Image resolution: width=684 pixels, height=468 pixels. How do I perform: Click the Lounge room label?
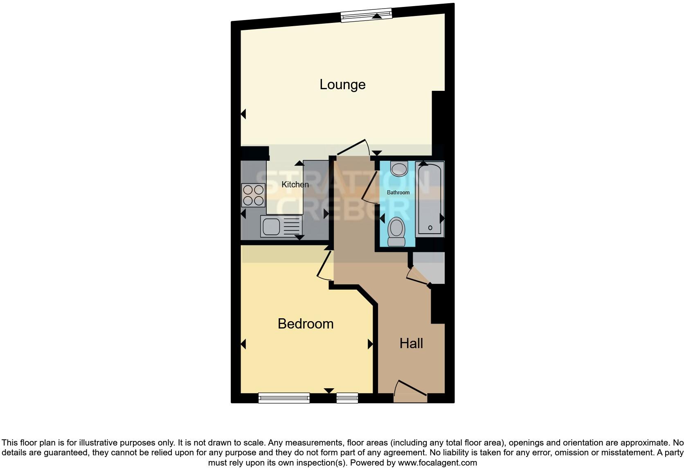pyautogui.click(x=342, y=85)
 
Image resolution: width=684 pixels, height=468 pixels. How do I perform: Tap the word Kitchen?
pyautogui.click(x=295, y=184)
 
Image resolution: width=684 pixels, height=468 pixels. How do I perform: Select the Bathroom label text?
pyautogui.click(x=398, y=192)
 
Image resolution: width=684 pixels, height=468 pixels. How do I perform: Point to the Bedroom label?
pyautogui.click(x=306, y=324)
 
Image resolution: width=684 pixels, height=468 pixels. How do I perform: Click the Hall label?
pyautogui.click(x=411, y=344)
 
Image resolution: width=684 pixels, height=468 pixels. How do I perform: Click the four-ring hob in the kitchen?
pyautogui.click(x=253, y=195)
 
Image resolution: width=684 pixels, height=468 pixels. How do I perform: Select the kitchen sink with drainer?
pyautogui.click(x=281, y=227)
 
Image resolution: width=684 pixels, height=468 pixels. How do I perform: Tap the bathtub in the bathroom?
pyautogui.click(x=430, y=198)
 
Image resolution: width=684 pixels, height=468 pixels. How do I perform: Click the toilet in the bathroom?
pyautogui.click(x=396, y=232)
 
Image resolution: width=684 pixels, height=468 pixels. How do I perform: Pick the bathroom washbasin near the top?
pyautogui.click(x=399, y=169)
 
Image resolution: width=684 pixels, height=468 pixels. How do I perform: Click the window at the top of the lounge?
pyautogui.click(x=367, y=16)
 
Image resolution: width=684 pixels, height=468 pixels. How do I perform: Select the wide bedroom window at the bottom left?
pyautogui.click(x=284, y=398)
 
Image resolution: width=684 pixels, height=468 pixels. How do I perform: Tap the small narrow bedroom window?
pyautogui.click(x=347, y=398)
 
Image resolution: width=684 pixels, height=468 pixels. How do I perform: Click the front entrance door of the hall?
pyautogui.click(x=411, y=391)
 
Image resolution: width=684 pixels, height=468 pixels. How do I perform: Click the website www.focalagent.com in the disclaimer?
pyautogui.click(x=437, y=463)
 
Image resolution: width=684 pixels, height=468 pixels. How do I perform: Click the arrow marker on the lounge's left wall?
pyautogui.click(x=243, y=114)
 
